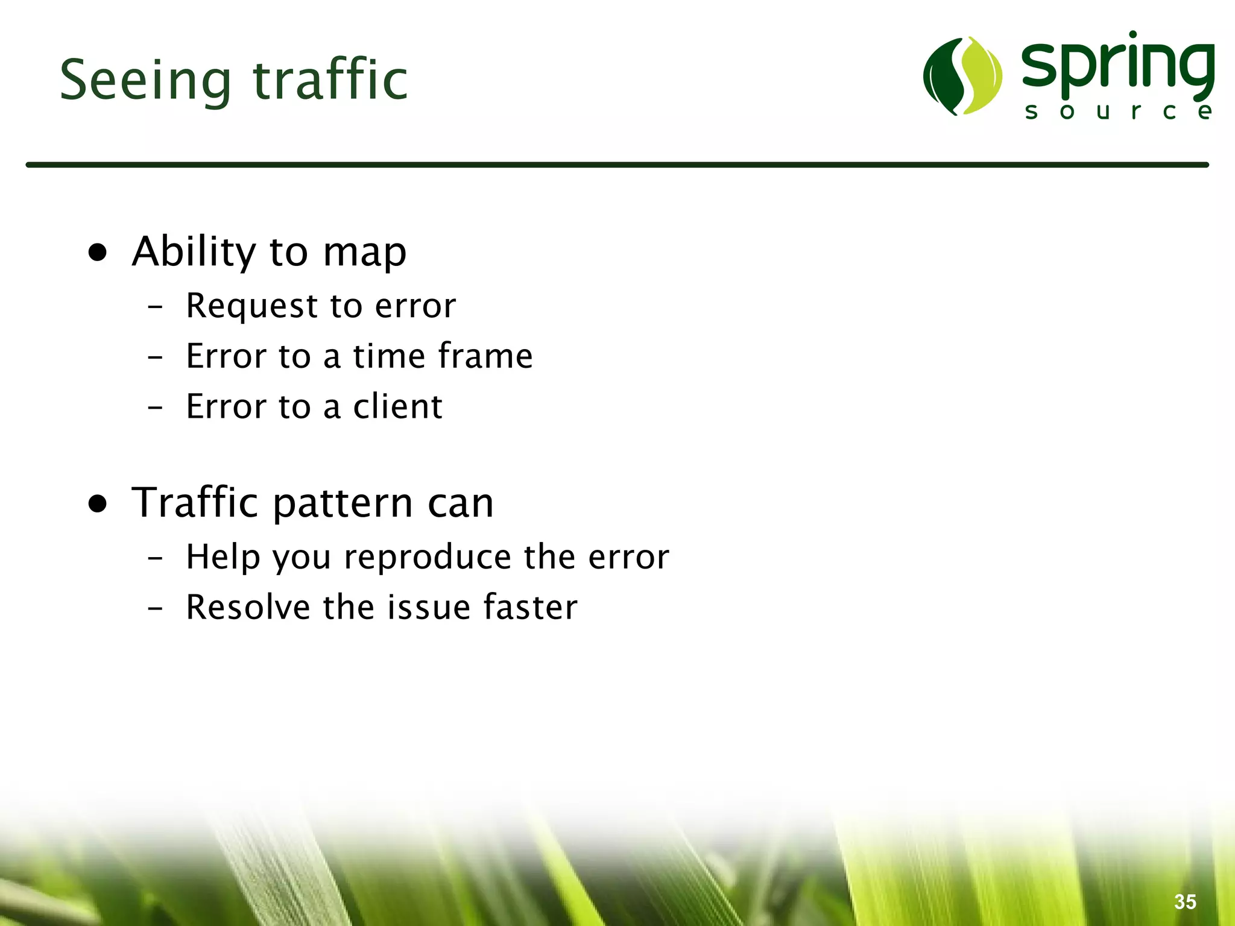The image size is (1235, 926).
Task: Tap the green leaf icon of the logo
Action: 962,76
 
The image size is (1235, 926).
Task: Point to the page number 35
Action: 1185,902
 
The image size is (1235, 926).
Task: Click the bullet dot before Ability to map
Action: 98,252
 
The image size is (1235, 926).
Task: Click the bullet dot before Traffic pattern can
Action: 98,503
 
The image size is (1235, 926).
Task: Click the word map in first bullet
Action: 364,253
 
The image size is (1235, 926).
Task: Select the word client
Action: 397,406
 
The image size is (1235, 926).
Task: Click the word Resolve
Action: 248,607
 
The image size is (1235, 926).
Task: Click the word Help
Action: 223,557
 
